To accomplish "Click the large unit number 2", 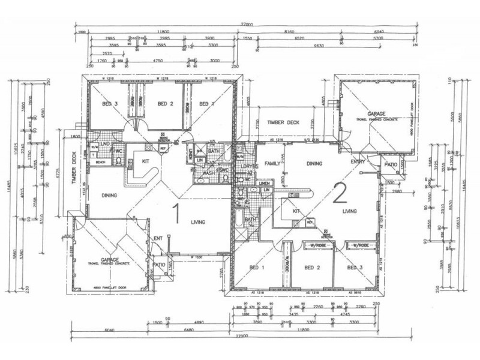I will point(340,193).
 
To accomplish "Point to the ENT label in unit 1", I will point(158,239).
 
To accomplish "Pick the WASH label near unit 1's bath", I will point(208,173).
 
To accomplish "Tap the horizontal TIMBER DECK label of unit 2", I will point(283,122).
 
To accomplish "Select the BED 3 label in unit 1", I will point(109,103).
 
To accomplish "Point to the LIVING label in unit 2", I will point(350,211).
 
